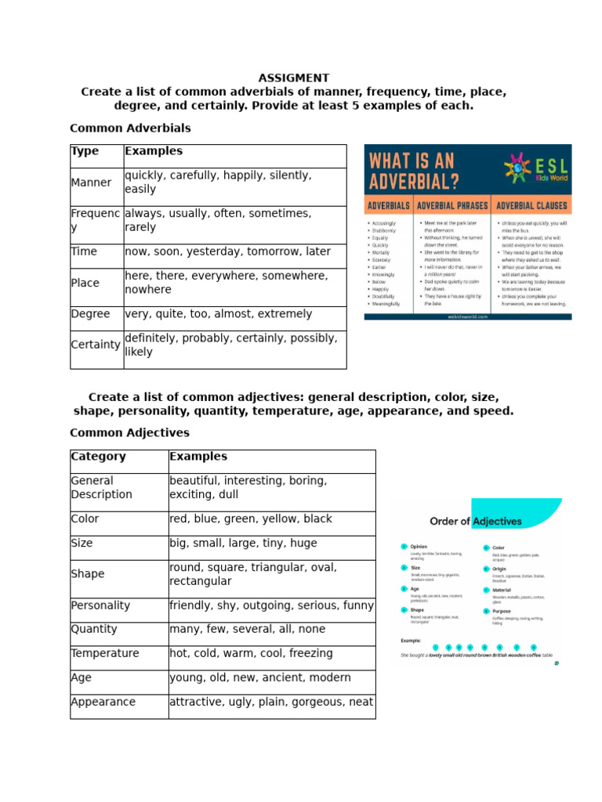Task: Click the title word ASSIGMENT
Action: coord(294,78)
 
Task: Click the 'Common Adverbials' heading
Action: coord(130,128)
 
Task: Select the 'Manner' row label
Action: coord(92,183)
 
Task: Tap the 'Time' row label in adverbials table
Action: coord(84,252)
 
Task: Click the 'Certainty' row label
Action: coord(96,345)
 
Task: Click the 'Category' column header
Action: coord(98,457)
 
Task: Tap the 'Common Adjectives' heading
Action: coord(129,433)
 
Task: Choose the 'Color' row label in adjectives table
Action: coord(85,519)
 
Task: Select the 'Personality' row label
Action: coord(100,606)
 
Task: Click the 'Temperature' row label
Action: coord(105,654)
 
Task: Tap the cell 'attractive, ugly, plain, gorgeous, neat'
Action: coord(271,703)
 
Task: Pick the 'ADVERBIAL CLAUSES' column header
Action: coord(531,206)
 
